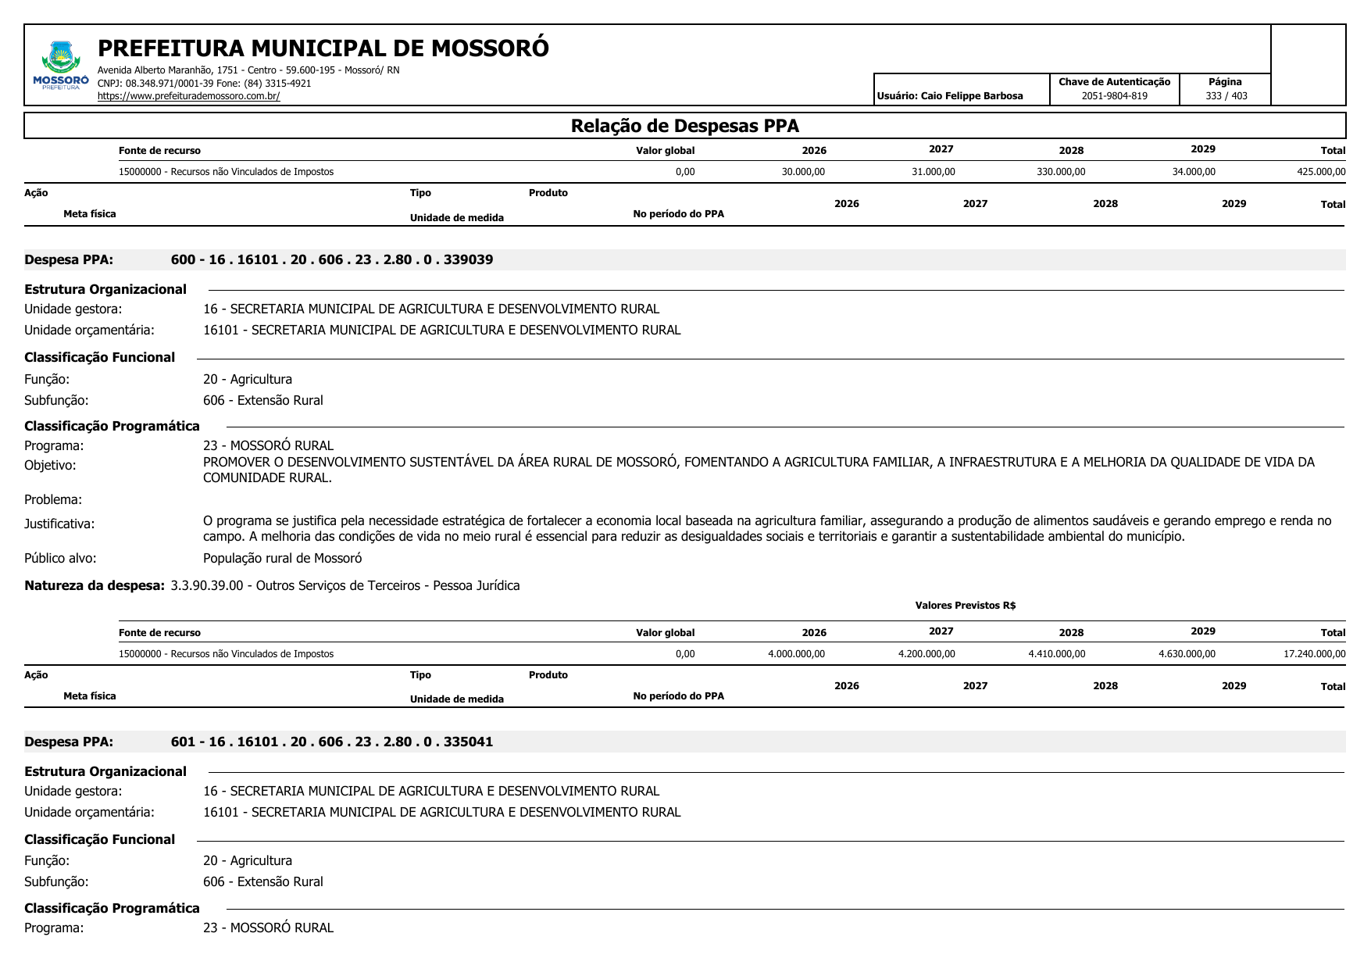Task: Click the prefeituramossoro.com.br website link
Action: pyautogui.click(x=188, y=96)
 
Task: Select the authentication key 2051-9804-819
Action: pyautogui.click(x=1114, y=96)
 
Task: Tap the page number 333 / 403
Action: pyautogui.click(x=1226, y=96)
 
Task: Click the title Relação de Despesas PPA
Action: pyautogui.click(x=684, y=126)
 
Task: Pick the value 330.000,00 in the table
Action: pyautogui.click(x=1060, y=172)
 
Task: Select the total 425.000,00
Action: pyautogui.click(x=1320, y=172)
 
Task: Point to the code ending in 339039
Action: pyautogui.click(x=332, y=259)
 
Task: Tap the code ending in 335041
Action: pyautogui.click(x=332, y=742)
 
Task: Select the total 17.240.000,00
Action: pyautogui.click(x=1314, y=654)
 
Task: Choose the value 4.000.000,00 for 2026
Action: pyautogui.click(x=796, y=654)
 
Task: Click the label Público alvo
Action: pyautogui.click(x=60, y=558)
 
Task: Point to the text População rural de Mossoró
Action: pyautogui.click(x=282, y=558)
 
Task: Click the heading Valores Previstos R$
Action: pyautogui.click(x=965, y=606)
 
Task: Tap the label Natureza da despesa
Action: pyautogui.click(x=95, y=585)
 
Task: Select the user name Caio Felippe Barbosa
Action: pyautogui.click(x=971, y=96)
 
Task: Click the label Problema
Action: pyautogui.click(x=53, y=499)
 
